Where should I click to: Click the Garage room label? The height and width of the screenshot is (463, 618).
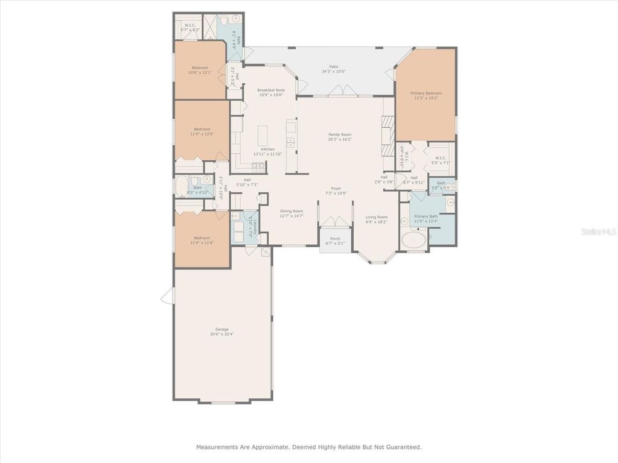point(222,329)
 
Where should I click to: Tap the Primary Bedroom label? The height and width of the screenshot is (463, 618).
point(426,93)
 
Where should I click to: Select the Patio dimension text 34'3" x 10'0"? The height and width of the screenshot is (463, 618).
point(333,72)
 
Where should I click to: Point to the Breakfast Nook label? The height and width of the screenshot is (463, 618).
point(270,90)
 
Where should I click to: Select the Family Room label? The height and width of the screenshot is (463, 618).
point(339,134)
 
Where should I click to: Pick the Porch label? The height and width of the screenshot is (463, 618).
point(335,239)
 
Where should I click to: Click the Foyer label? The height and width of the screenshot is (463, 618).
point(336,188)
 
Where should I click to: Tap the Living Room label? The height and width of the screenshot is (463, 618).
point(377,217)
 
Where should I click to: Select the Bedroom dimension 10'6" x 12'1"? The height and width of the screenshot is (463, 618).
point(200,72)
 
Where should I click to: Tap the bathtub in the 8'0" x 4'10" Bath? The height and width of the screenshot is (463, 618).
point(182,187)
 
